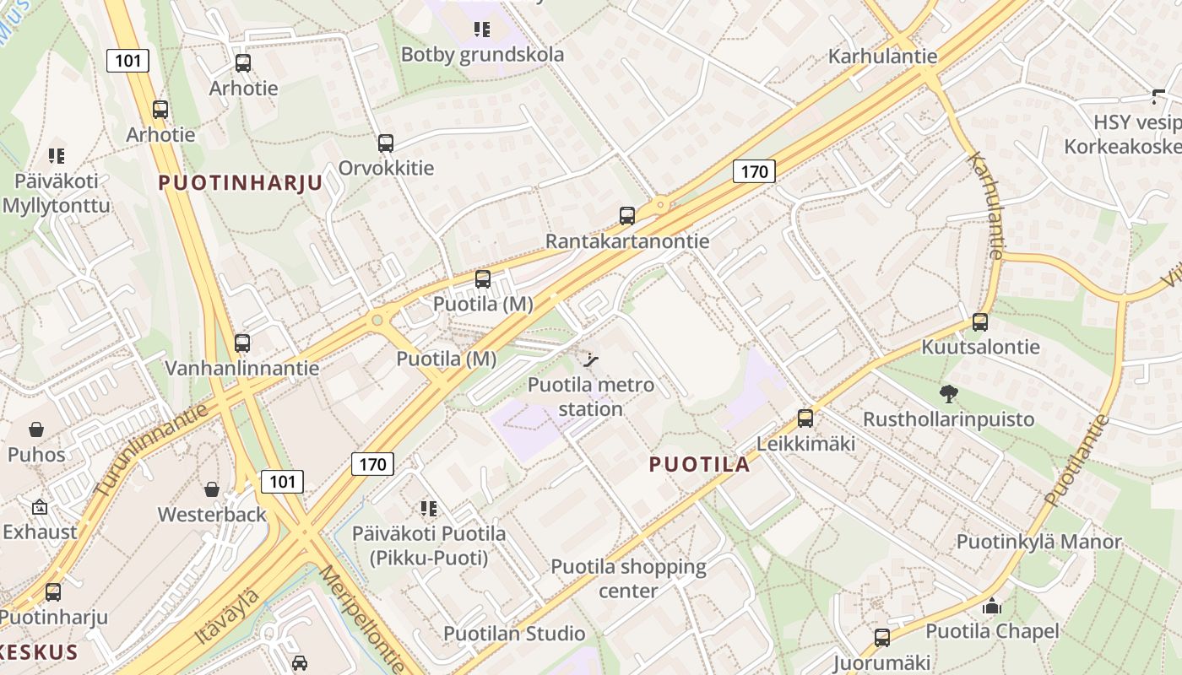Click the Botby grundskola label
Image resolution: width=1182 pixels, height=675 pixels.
pos(482,55)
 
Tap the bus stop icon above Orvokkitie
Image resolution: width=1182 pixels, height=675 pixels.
pos(386,143)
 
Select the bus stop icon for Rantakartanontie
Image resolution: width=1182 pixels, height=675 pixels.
pos(626,215)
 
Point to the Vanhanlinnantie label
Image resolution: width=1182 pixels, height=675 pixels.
pos(242,368)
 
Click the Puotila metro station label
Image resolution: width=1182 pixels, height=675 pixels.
pos(590,397)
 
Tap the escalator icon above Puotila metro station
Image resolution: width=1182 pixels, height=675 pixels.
pos(591,360)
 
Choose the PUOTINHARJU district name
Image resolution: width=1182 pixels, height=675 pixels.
pos(241,183)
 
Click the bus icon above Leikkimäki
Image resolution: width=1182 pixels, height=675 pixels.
pos(805,418)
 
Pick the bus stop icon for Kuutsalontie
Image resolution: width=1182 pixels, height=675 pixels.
pos(979,321)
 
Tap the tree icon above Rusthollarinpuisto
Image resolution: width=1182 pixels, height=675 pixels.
pos(948,393)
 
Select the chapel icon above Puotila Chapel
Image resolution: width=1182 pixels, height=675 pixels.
pos(991,606)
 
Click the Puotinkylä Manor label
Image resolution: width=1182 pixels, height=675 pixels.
pos(1038,542)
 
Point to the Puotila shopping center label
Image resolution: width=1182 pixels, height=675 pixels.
pos(628,578)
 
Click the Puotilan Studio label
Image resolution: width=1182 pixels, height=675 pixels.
pos(514,634)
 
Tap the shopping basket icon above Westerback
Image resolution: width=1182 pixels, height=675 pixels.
pos(212,489)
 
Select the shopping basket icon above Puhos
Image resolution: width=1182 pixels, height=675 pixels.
pos(36,429)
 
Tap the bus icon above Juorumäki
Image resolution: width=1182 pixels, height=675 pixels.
pos(882,637)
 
